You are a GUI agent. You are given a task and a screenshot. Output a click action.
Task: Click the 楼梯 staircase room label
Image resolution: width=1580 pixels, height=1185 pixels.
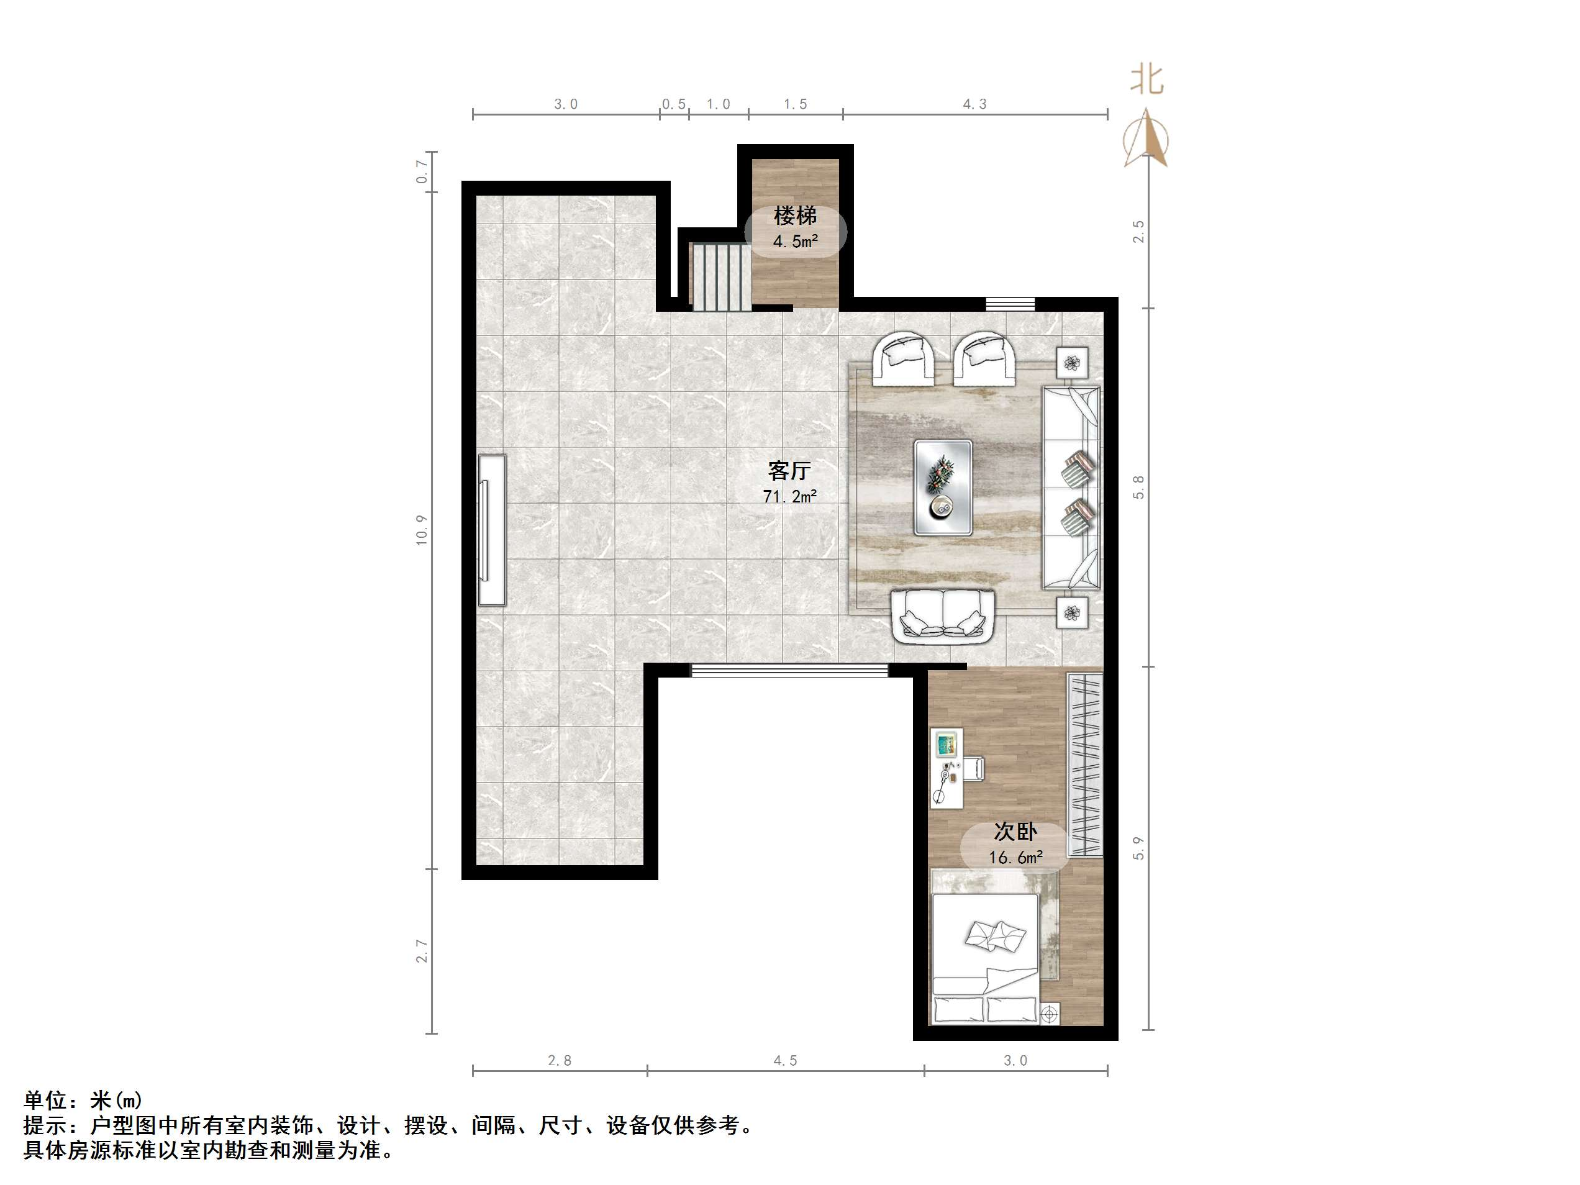[795, 216]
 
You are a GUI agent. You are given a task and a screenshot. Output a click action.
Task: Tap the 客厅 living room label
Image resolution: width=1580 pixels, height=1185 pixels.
[789, 471]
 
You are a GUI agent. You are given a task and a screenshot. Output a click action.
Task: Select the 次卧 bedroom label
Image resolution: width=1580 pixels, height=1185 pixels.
[1015, 832]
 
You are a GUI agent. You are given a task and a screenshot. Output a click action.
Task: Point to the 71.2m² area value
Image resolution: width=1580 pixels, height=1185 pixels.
[789, 496]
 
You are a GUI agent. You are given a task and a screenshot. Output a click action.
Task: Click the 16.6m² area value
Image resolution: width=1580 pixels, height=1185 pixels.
[1015, 857]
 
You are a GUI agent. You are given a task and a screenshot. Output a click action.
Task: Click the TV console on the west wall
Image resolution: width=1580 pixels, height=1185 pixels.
[492, 530]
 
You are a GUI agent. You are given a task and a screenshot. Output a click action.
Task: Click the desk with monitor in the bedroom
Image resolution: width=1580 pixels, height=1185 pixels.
[947, 768]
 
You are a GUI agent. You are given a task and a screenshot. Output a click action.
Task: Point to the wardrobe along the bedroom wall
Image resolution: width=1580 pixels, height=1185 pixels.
[1084, 765]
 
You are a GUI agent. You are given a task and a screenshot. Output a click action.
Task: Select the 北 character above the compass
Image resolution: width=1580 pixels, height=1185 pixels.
[1146, 79]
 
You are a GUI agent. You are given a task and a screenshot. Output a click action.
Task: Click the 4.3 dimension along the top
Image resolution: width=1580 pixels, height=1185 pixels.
[974, 104]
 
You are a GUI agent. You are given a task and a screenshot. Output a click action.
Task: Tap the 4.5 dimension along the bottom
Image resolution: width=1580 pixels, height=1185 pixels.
[785, 1061]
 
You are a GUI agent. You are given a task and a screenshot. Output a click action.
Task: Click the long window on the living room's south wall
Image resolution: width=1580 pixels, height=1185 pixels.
[789, 670]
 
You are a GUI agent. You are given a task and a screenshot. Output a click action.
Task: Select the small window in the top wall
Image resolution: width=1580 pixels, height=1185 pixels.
[1010, 304]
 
